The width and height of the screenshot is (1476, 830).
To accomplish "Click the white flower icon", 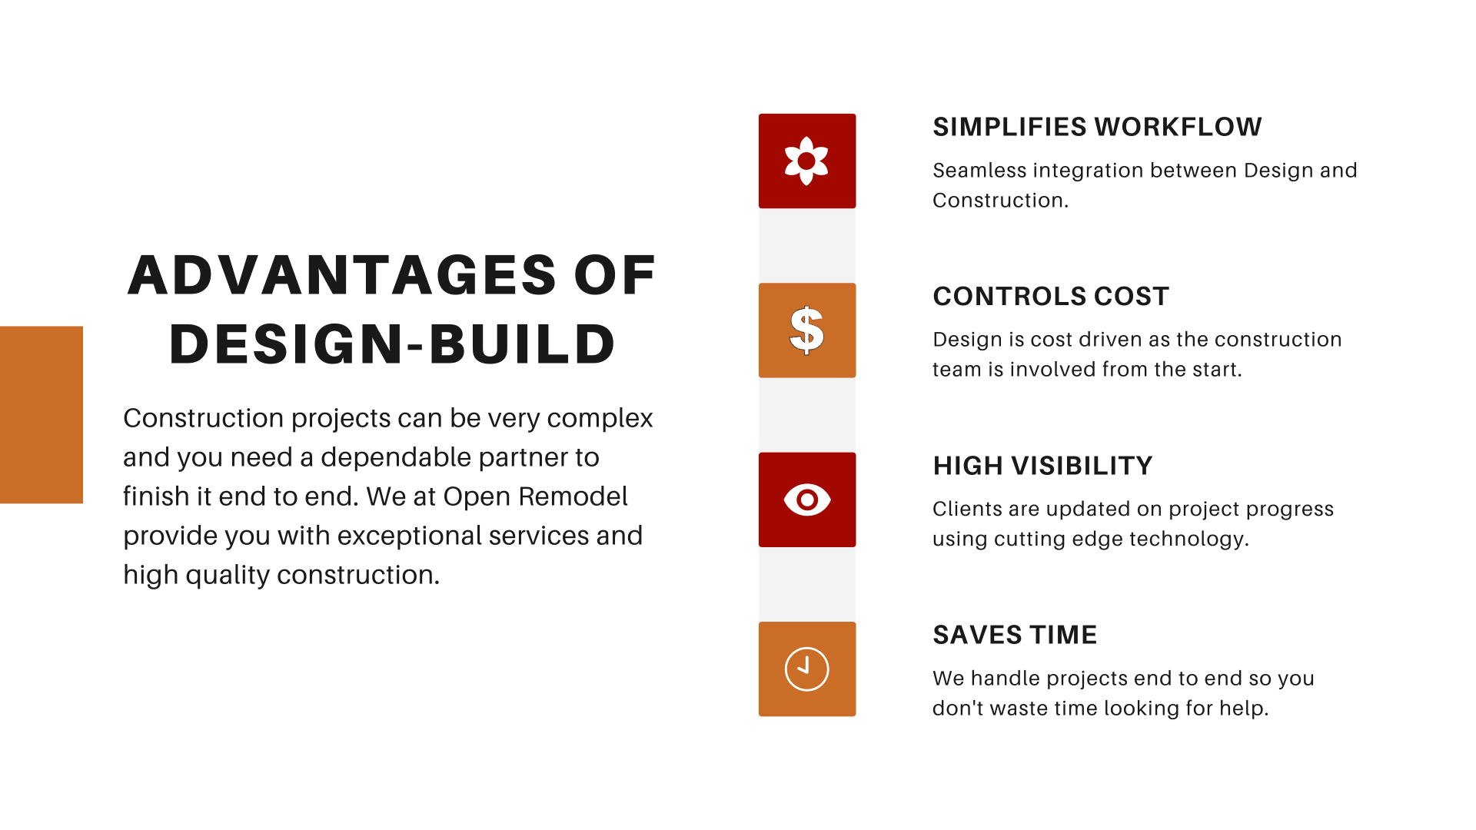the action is pyautogui.click(x=806, y=161).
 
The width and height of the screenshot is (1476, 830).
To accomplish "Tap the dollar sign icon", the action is pyautogui.click(x=806, y=330).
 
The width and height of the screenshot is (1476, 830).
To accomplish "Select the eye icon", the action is pyautogui.click(x=807, y=500).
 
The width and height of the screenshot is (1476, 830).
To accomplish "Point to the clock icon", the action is pyautogui.click(x=806, y=669).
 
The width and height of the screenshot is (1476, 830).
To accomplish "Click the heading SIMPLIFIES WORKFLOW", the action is pyautogui.click(x=1097, y=127).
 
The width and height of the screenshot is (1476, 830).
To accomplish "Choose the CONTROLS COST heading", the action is pyautogui.click(x=1051, y=297).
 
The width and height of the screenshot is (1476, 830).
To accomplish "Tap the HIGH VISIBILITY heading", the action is pyautogui.click(x=1042, y=466).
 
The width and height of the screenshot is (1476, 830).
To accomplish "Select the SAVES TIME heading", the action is pyautogui.click(x=1015, y=635).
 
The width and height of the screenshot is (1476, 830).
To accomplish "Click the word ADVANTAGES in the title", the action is pyautogui.click(x=342, y=275).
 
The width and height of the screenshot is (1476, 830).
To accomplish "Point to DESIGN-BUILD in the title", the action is pyautogui.click(x=392, y=344).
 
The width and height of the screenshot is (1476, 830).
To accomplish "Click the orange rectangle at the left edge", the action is pyautogui.click(x=42, y=415).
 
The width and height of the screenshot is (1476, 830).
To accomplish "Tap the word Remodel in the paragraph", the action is pyautogui.click(x=573, y=496).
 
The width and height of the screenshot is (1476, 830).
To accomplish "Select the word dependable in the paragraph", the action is pyautogui.click(x=389, y=457).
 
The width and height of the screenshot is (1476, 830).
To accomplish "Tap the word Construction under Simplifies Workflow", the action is pyautogui.click(x=998, y=201).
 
